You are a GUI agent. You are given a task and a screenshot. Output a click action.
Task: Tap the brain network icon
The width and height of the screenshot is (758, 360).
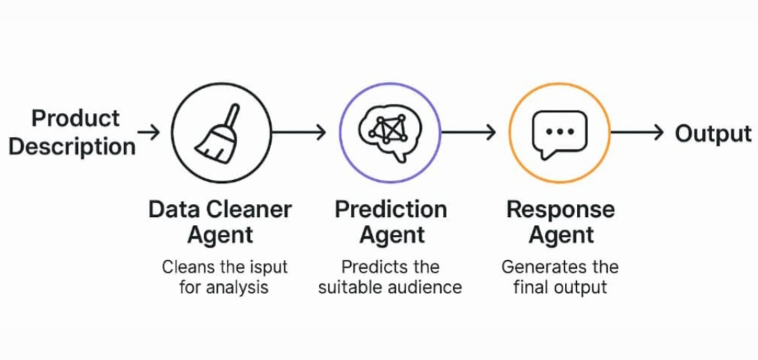pyautogui.click(x=390, y=131)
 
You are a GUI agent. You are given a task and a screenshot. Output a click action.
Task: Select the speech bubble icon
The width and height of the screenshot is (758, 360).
pyautogui.click(x=559, y=132)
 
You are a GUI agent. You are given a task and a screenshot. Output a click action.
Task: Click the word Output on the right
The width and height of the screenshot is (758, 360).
pyautogui.click(x=712, y=133)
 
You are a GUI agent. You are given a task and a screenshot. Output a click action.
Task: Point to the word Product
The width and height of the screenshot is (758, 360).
pyautogui.click(x=76, y=118)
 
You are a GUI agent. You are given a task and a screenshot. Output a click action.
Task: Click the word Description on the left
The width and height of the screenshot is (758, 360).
pyautogui.click(x=72, y=147)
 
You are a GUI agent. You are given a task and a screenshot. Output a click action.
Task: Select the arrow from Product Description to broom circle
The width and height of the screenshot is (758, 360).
pyautogui.click(x=149, y=132)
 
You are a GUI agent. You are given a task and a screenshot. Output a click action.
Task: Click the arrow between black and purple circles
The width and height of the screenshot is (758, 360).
pyautogui.click(x=298, y=132)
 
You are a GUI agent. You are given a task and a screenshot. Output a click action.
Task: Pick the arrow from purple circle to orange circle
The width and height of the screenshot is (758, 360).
pyautogui.click(x=469, y=132)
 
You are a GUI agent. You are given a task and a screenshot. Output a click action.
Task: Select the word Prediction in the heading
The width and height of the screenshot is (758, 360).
pyautogui.click(x=390, y=209)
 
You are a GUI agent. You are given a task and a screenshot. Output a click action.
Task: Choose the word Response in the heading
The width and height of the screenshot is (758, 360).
pyautogui.click(x=560, y=209)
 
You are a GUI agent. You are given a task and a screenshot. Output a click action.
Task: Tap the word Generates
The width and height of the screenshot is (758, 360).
pyautogui.click(x=535, y=267)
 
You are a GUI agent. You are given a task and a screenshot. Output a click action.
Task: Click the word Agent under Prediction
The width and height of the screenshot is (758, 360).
pyautogui.click(x=392, y=235)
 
